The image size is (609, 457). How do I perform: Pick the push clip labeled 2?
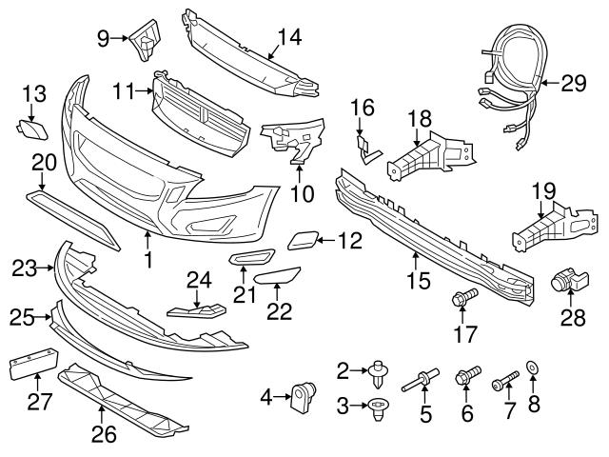pos(382,368)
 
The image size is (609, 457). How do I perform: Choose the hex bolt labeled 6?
pos(466,377)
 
